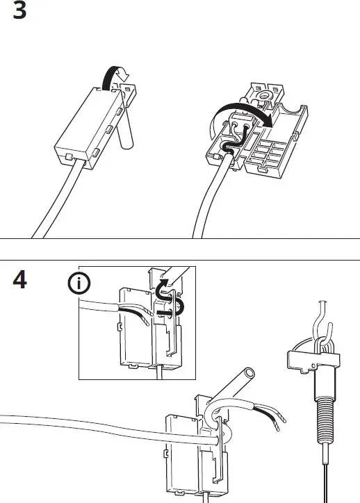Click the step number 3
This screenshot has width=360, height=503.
click(20, 13)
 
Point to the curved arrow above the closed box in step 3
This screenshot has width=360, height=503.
click(113, 76)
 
